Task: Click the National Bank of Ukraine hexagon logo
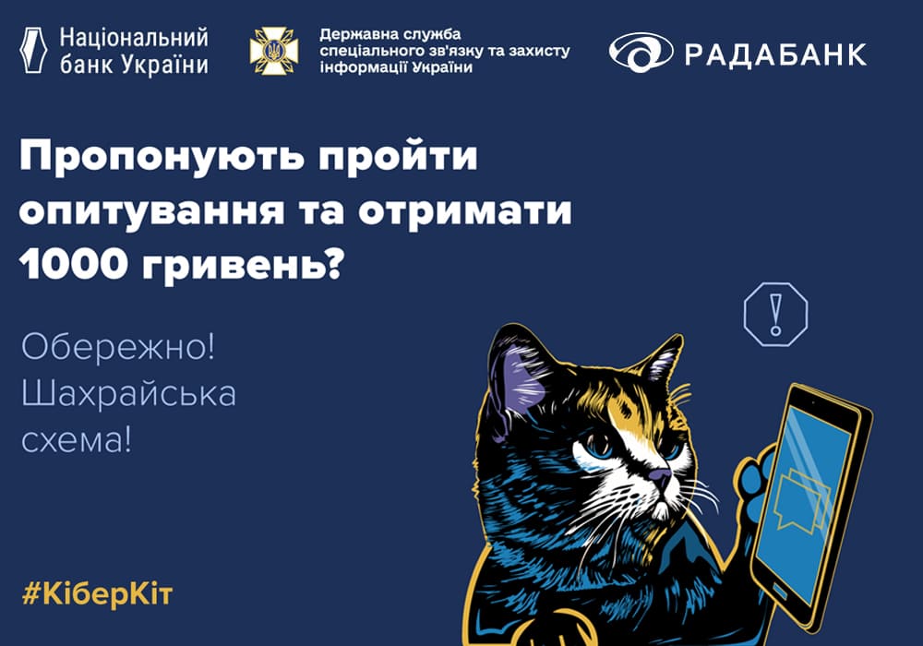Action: [x=33, y=50]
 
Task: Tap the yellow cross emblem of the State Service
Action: [x=274, y=51]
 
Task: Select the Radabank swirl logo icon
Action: [x=641, y=53]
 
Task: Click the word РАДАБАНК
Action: [x=776, y=54]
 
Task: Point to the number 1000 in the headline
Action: [x=74, y=264]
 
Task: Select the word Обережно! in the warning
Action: [x=118, y=347]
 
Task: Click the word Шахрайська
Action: [x=128, y=393]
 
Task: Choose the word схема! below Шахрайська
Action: [x=76, y=439]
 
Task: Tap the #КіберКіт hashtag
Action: [x=97, y=594]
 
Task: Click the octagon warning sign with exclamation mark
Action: [x=776, y=314]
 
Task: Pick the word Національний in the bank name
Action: [x=134, y=38]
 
